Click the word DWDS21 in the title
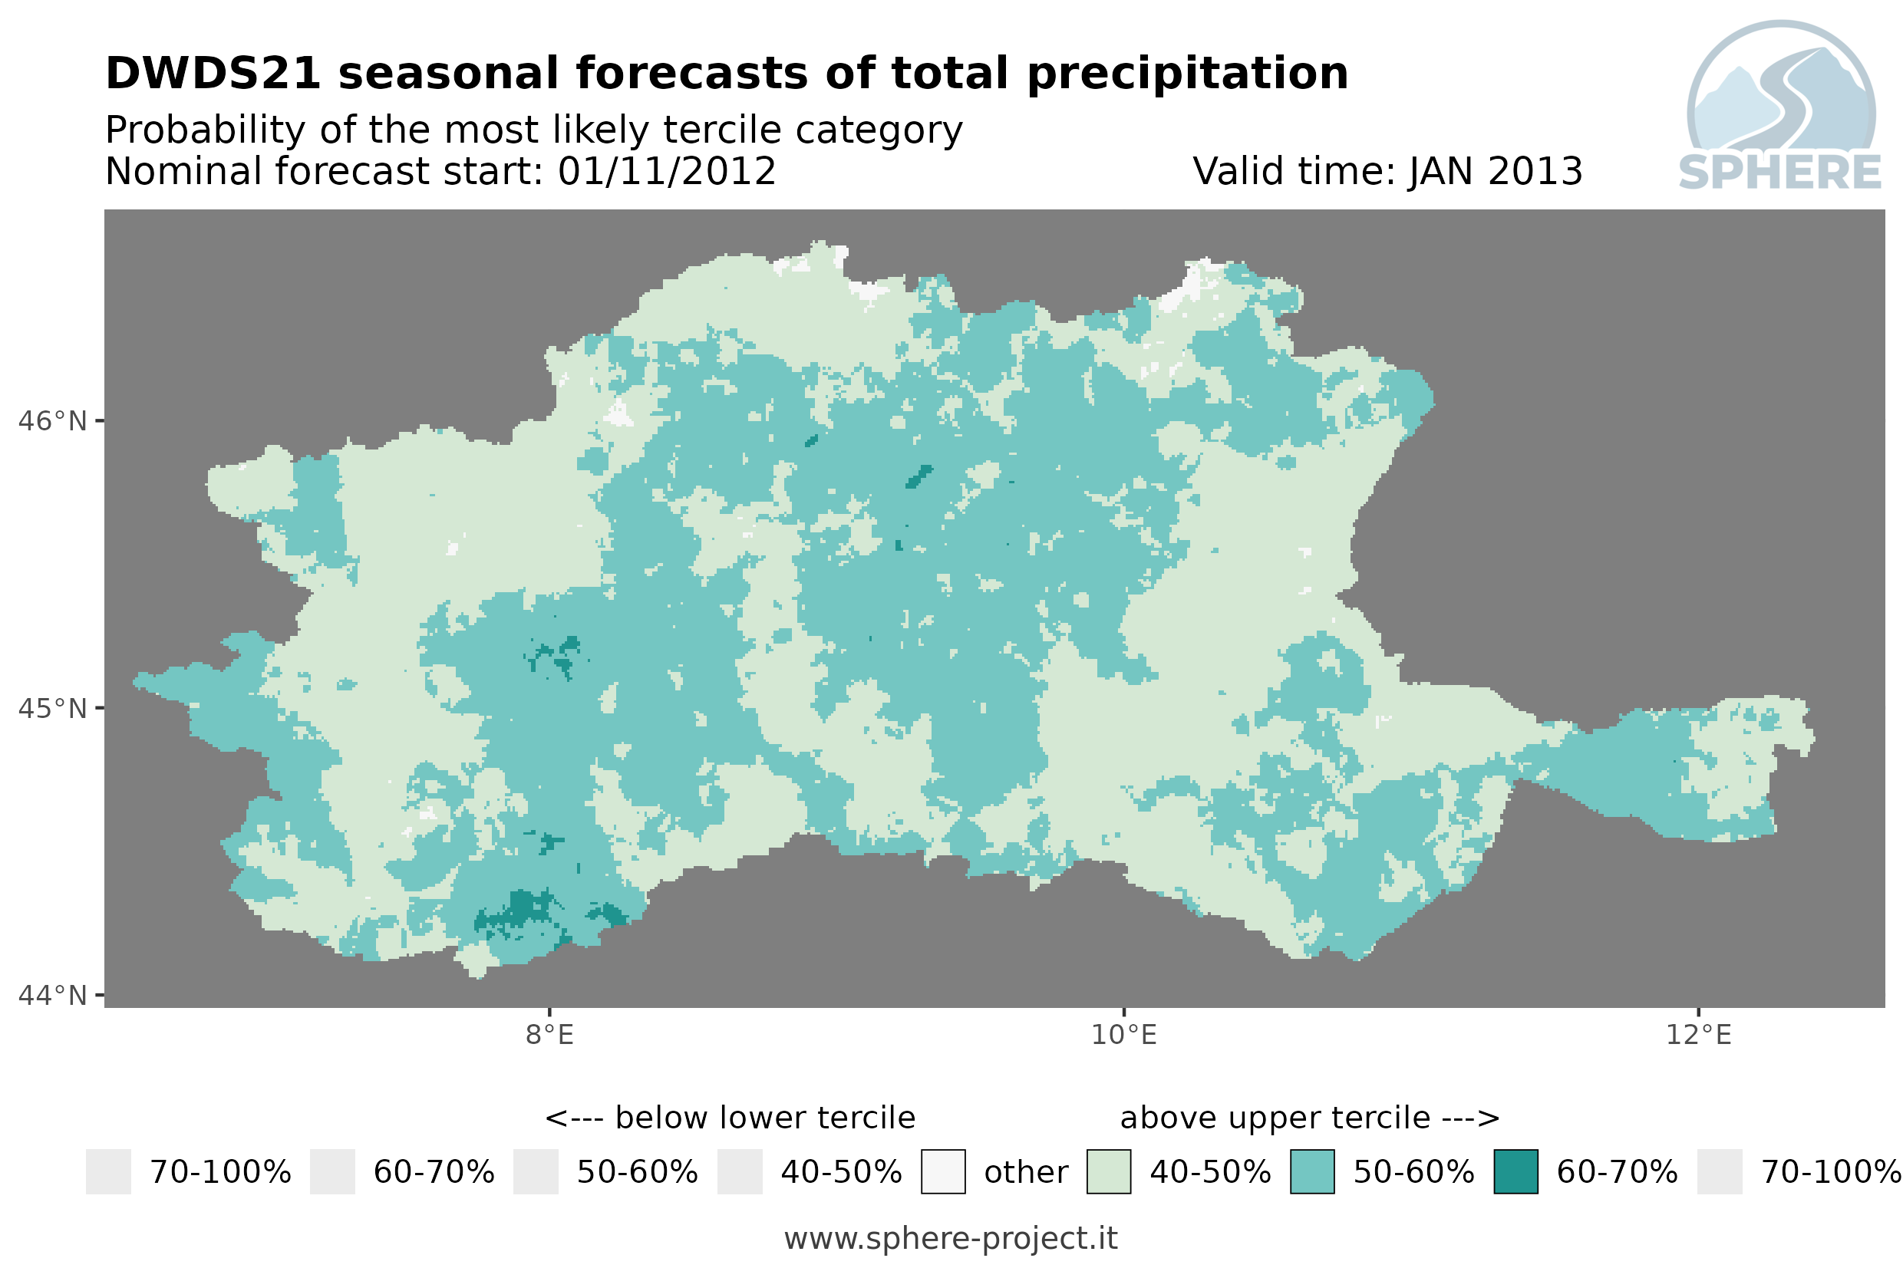pos(213,74)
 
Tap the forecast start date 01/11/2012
pos(666,171)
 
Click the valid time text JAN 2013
pos(1495,171)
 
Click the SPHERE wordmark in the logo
pos(1779,173)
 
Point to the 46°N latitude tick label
pos(53,421)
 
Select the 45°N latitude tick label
pos(53,708)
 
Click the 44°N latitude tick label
pos(53,996)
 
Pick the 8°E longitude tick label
pos(550,1034)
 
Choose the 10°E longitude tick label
pos(1124,1034)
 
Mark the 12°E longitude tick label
pos(1698,1034)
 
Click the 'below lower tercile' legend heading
pos(730,1118)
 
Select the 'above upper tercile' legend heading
pos(1309,1118)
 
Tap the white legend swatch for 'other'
pos(943,1172)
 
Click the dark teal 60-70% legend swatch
pos(1515,1172)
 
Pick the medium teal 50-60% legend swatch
pos(1312,1172)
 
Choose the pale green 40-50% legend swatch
pos(1109,1172)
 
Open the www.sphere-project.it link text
pos(951,1239)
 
